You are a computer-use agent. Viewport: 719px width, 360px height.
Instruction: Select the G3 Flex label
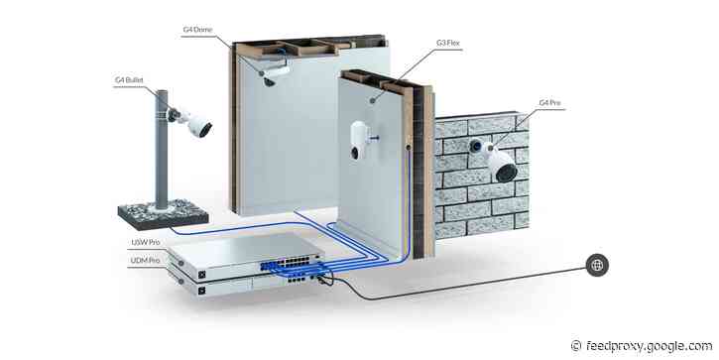click(449, 43)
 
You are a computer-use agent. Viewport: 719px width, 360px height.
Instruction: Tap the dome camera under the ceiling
click(269, 79)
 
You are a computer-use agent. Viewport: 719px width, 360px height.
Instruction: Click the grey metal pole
click(158, 149)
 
